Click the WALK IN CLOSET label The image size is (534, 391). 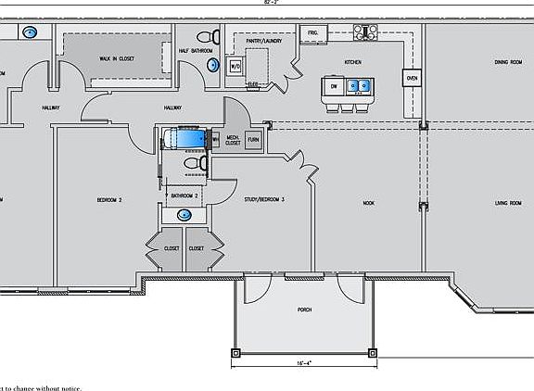tap(118, 58)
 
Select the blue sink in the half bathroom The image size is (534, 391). tap(214, 66)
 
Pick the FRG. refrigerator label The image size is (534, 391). tap(313, 33)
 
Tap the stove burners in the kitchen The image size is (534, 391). tap(364, 32)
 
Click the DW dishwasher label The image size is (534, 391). tap(333, 86)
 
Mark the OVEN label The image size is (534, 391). tap(412, 80)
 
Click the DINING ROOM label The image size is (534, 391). tap(508, 62)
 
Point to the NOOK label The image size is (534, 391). tap(368, 202)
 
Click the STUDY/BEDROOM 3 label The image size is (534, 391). tap(264, 199)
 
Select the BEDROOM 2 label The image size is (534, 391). tap(109, 199)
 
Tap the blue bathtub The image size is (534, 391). tap(188, 139)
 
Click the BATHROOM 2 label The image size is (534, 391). tap(185, 195)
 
